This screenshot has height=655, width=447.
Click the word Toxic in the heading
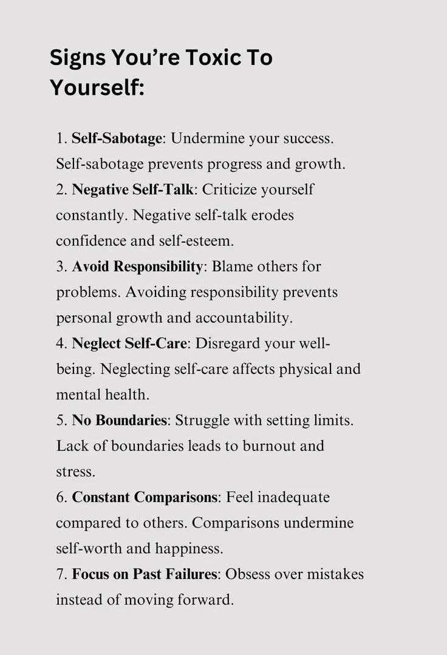(x=209, y=58)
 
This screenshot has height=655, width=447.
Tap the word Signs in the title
(x=77, y=58)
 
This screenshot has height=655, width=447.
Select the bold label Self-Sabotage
(x=117, y=138)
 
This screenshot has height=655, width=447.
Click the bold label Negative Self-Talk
(x=132, y=189)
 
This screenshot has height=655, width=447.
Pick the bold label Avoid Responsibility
(x=137, y=266)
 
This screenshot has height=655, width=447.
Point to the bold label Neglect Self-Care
(x=129, y=343)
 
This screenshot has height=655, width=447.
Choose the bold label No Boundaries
(x=119, y=420)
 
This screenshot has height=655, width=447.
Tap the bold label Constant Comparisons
(x=144, y=497)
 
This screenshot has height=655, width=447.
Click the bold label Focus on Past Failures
(x=144, y=574)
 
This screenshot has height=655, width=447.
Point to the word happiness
(x=188, y=548)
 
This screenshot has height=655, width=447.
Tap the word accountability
(x=250, y=317)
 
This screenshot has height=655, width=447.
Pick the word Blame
(x=232, y=266)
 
